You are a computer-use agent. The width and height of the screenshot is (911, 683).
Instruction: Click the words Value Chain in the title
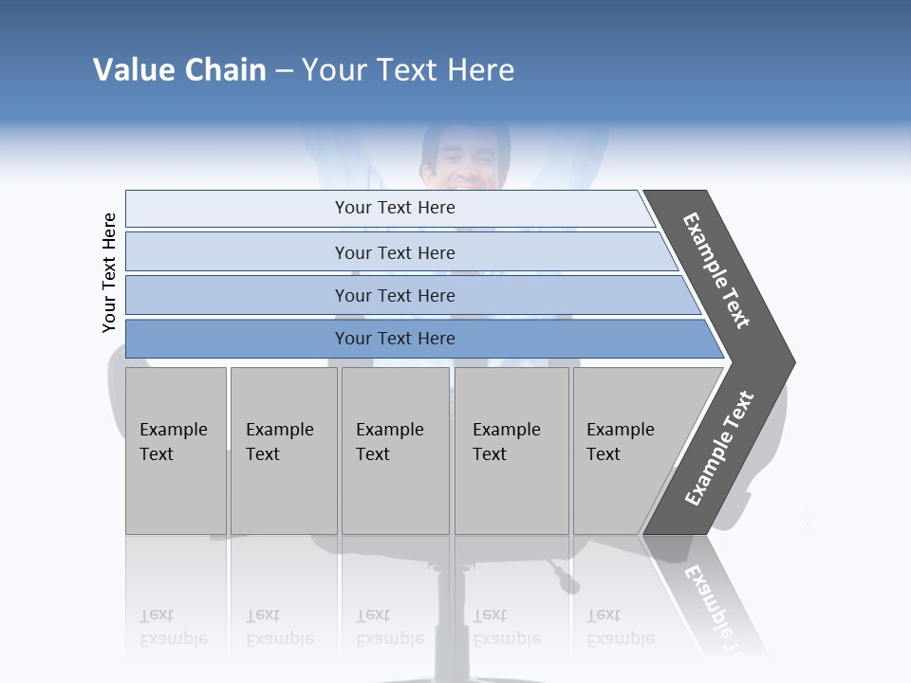point(179,69)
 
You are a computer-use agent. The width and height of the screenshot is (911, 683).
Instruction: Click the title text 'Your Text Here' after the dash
point(408,69)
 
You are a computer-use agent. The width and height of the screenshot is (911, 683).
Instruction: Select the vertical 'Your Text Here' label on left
point(109,272)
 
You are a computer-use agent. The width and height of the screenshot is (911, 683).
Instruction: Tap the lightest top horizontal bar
point(395,208)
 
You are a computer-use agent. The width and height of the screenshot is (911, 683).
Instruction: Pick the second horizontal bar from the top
point(395,252)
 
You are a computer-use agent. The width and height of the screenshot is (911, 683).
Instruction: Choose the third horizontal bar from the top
point(395,295)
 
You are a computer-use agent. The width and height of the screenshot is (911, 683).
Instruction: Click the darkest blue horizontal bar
point(395,339)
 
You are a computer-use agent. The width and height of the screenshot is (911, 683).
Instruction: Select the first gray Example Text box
point(176,450)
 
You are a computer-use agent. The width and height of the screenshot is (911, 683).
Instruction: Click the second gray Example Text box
point(283,450)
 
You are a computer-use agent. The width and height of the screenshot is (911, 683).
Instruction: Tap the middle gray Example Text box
point(395,450)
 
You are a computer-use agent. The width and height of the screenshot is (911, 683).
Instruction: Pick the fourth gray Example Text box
point(511,450)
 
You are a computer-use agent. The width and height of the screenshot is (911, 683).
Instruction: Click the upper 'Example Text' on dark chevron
point(716,269)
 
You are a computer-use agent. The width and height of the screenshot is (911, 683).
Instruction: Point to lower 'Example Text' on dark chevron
point(719,448)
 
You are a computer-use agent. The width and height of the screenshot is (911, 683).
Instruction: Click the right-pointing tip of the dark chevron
point(790,361)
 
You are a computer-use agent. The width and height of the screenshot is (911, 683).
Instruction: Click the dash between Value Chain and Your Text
point(284,70)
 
